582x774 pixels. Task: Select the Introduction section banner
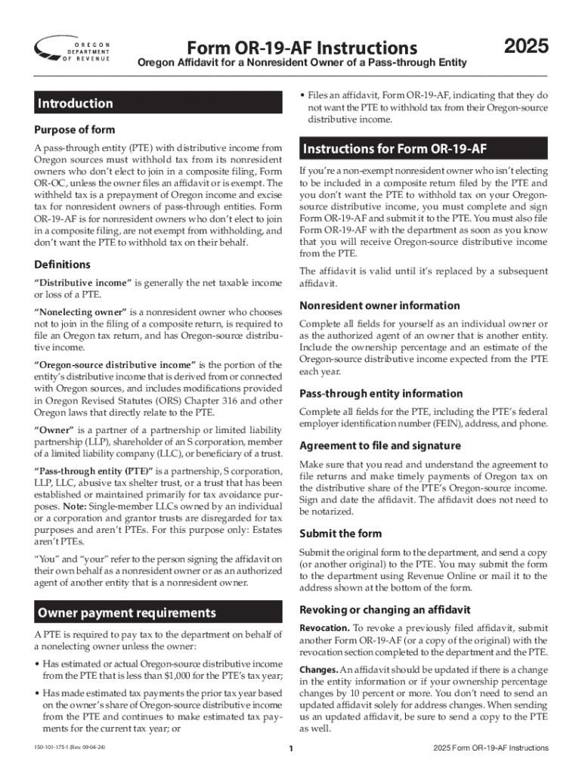[76, 104]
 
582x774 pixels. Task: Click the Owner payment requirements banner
[127, 612]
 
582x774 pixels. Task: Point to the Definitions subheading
[63, 265]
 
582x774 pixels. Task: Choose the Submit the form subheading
[341, 533]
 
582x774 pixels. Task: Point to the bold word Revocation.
[324, 628]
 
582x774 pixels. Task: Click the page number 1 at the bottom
[291, 749]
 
